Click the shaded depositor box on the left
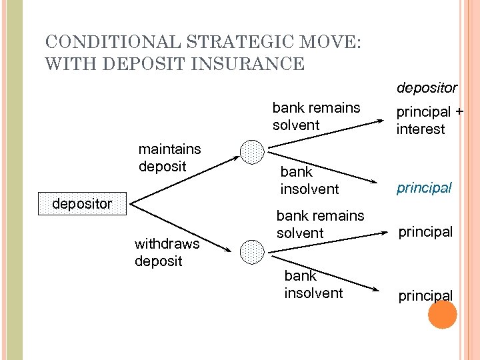[83, 204]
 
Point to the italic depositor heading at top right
[427, 88]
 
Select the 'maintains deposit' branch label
[169, 157]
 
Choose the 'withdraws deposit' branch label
[167, 253]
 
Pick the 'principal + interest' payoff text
[429, 121]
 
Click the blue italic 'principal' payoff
[424, 188]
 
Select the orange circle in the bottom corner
[442, 315]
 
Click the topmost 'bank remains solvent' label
[316, 116]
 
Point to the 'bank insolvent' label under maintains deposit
[309, 181]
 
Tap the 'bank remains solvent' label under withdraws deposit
[320, 224]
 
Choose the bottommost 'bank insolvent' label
[313, 285]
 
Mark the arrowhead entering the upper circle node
[237, 158]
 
